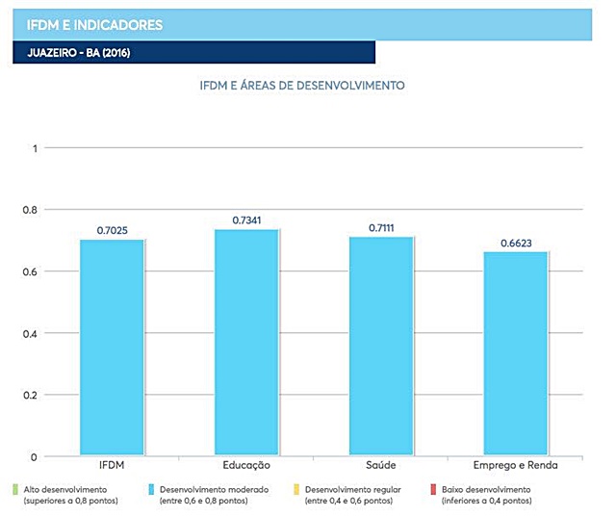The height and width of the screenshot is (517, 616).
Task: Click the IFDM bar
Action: (x=112, y=348)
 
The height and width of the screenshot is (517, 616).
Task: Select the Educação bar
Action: (x=246, y=343)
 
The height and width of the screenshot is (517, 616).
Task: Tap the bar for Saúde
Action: (x=381, y=347)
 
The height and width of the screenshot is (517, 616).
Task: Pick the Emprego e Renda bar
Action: (x=516, y=353)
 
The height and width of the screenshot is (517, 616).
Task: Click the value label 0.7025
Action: (x=113, y=230)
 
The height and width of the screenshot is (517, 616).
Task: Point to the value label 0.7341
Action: (x=247, y=220)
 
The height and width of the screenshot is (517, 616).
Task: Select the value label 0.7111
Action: (x=382, y=228)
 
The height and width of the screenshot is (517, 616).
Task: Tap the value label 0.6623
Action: (x=516, y=244)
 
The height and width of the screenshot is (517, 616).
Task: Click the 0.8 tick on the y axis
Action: (x=30, y=210)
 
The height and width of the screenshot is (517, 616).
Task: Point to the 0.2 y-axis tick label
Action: (x=30, y=395)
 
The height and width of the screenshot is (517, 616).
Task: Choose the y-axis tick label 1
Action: (x=34, y=148)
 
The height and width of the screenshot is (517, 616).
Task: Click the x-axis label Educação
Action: (x=246, y=467)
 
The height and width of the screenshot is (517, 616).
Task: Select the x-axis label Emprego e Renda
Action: (x=516, y=467)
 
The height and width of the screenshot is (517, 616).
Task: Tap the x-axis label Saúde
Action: (x=381, y=467)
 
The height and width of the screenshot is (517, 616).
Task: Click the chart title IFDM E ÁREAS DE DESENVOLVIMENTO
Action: (x=301, y=86)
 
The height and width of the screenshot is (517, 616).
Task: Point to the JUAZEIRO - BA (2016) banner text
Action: (x=71, y=52)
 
